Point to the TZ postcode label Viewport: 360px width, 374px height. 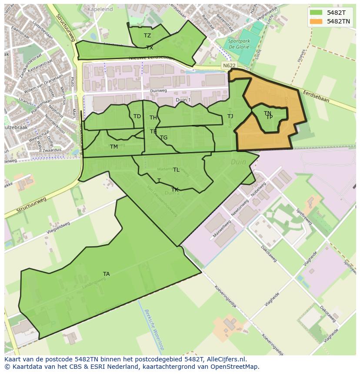coord(147,36)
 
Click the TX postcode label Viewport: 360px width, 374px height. coord(150,48)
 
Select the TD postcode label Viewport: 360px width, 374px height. coord(137,116)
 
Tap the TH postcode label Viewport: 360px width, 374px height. coord(153,118)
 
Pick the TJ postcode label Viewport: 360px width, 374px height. coord(230,116)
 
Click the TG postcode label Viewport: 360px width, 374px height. coord(163,138)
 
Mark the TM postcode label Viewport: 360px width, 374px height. coord(114,147)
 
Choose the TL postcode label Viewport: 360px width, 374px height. coord(176,170)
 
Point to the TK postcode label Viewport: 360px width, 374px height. coord(175,190)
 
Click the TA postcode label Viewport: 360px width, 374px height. coord(106,274)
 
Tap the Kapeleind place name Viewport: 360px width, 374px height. coord(100,9)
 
